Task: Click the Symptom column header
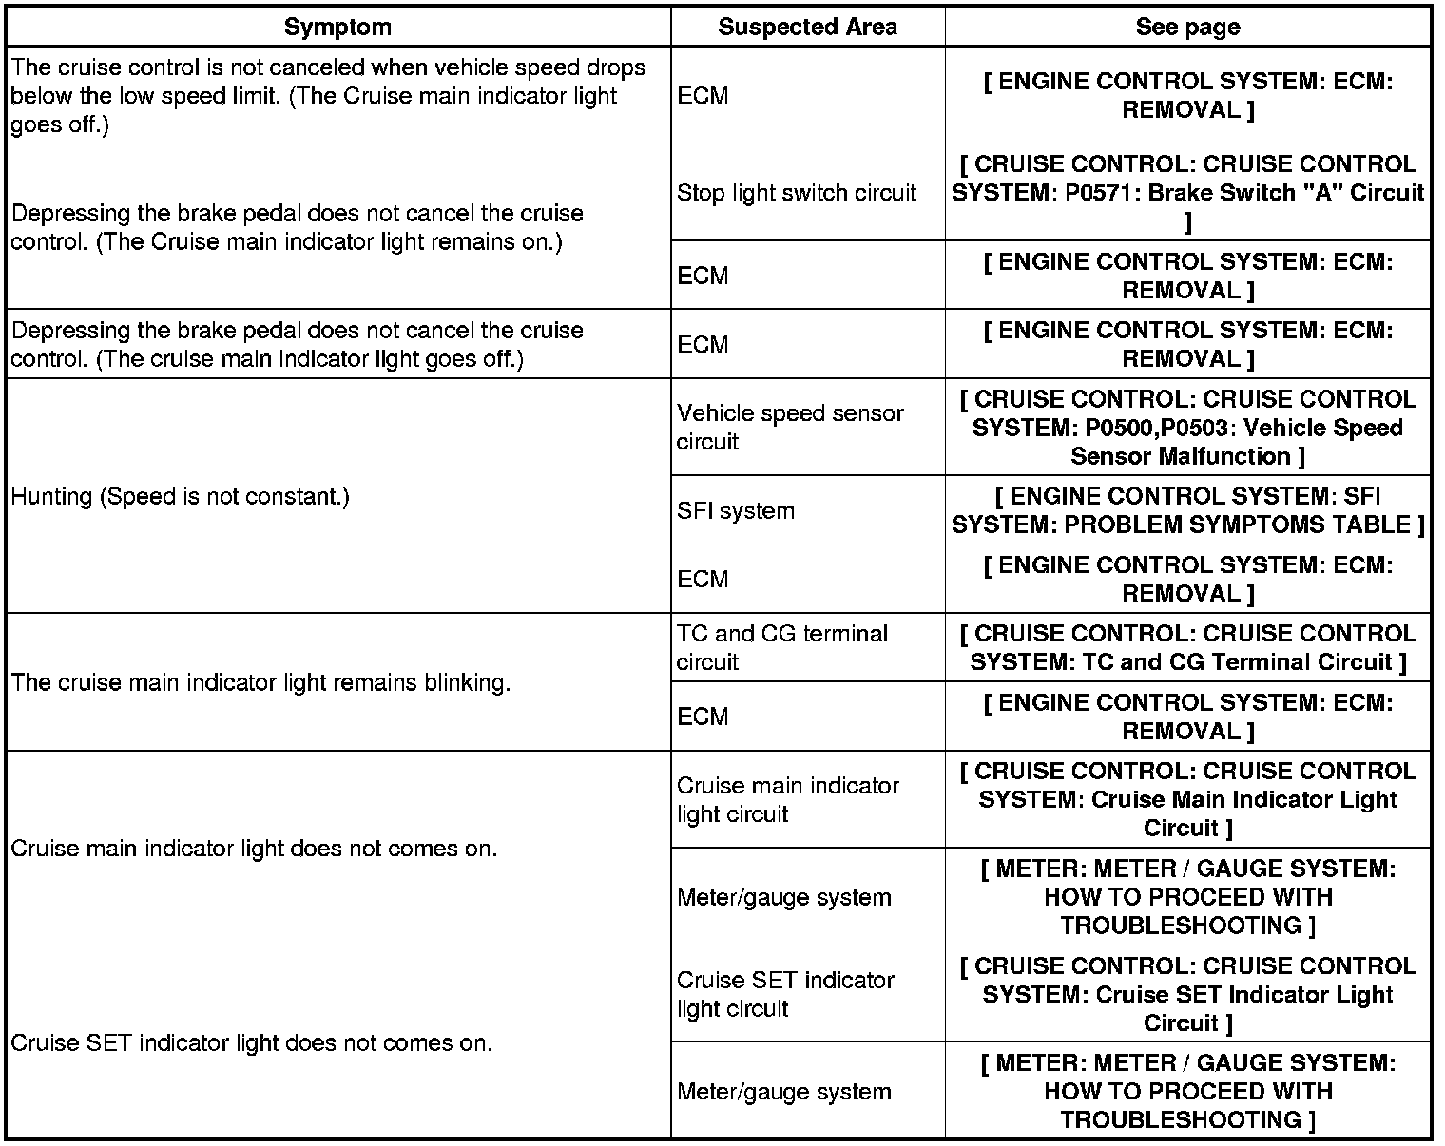(x=337, y=28)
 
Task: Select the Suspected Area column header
(x=807, y=28)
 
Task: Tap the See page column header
(x=1187, y=28)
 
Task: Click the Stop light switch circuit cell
(x=796, y=193)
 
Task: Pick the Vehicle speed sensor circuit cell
(x=790, y=428)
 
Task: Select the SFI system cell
(x=735, y=511)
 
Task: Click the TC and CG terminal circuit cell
(x=781, y=648)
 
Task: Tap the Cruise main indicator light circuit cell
(x=787, y=800)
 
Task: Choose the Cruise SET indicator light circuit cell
(x=785, y=994)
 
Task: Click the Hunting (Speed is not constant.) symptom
(x=180, y=496)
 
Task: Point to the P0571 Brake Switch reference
(x=1187, y=193)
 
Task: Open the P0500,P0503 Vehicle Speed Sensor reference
(x=1187, y=428)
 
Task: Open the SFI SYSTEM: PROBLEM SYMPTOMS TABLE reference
(x=1187, y=511)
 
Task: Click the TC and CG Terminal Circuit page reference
(x=1187, y=648)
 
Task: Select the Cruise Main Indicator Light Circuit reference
(x=1187, y=800)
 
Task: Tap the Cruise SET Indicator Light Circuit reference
(x=1187, y=994)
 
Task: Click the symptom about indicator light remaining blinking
(x=260, y=683)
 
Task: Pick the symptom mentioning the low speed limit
(x=328, y=96)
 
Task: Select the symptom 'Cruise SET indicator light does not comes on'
(x=251, y=1043)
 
